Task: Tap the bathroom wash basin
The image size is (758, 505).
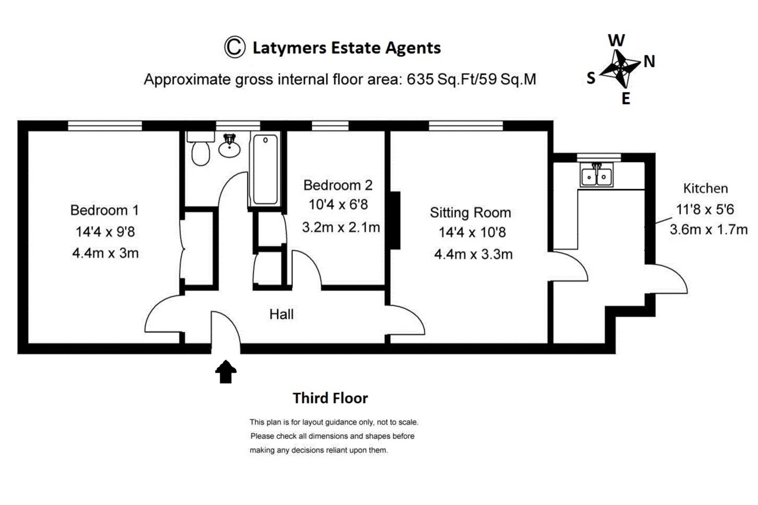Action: (229, 147)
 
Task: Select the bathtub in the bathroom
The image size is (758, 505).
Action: (265, 169)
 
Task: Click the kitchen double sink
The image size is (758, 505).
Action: (596, 176)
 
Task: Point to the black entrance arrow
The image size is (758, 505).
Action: (225, 372)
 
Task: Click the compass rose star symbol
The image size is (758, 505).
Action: (620, 68)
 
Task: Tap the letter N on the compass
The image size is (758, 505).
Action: (649, 62)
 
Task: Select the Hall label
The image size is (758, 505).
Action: (281, 314)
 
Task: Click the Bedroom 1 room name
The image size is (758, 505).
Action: (105, 210)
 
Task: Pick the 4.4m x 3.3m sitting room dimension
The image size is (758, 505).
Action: (473, 255)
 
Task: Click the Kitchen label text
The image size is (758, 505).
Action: (705, 188)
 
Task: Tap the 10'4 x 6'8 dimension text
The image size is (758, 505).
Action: (338, 205)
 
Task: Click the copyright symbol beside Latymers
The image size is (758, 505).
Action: (235, 47)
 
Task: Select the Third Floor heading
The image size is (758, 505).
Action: (330, 398)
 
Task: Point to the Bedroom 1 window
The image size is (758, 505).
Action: (105, 125)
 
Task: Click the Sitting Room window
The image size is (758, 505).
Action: (466, 125)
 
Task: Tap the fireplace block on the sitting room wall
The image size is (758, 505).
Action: (395, 220)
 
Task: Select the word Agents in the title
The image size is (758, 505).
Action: (413, 48)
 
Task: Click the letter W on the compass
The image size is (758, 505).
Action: (616, 40)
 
